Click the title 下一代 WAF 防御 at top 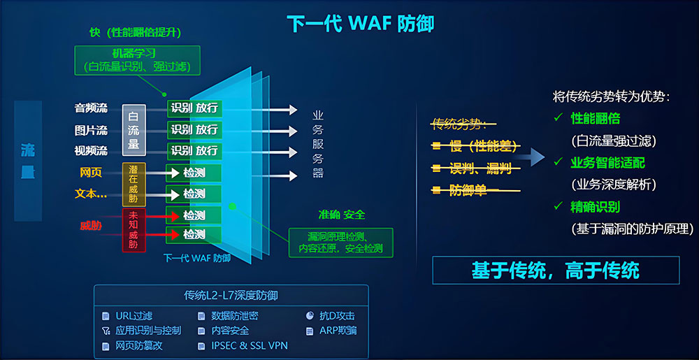tap(360, 24)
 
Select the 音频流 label tap(91, 108)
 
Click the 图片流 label tap(91, 131)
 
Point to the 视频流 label tap(91, 151)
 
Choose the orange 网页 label tap(91, 173)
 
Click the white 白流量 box tap(134, 130)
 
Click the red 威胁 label tap(91, 226)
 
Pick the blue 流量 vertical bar tap(28, 161)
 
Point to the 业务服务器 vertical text tap(318, 145)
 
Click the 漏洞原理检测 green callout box tap(340, 243)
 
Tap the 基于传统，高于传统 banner tap(556, 271)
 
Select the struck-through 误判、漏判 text tap(476, 168)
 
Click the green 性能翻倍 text tap(595, 119)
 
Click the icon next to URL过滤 tap(106, 317)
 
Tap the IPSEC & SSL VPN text tap(250, 346)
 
